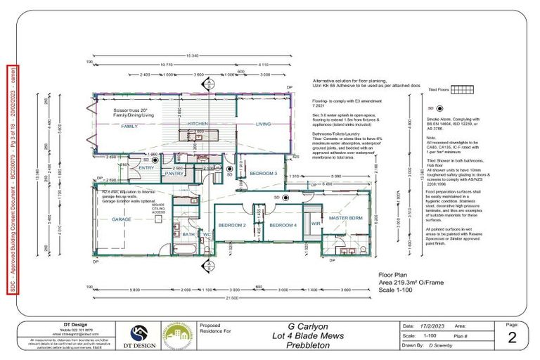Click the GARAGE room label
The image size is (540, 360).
(x=122, y=219)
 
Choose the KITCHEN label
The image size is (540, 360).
(x=198, y=124)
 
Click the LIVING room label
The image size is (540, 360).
(x=263, y=124)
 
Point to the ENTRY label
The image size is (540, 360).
(x=147, y=168)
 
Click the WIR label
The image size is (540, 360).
(x=316, y=224)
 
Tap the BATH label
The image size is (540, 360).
(x=188, y=235)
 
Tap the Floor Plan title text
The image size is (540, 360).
(x=394, y=275)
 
